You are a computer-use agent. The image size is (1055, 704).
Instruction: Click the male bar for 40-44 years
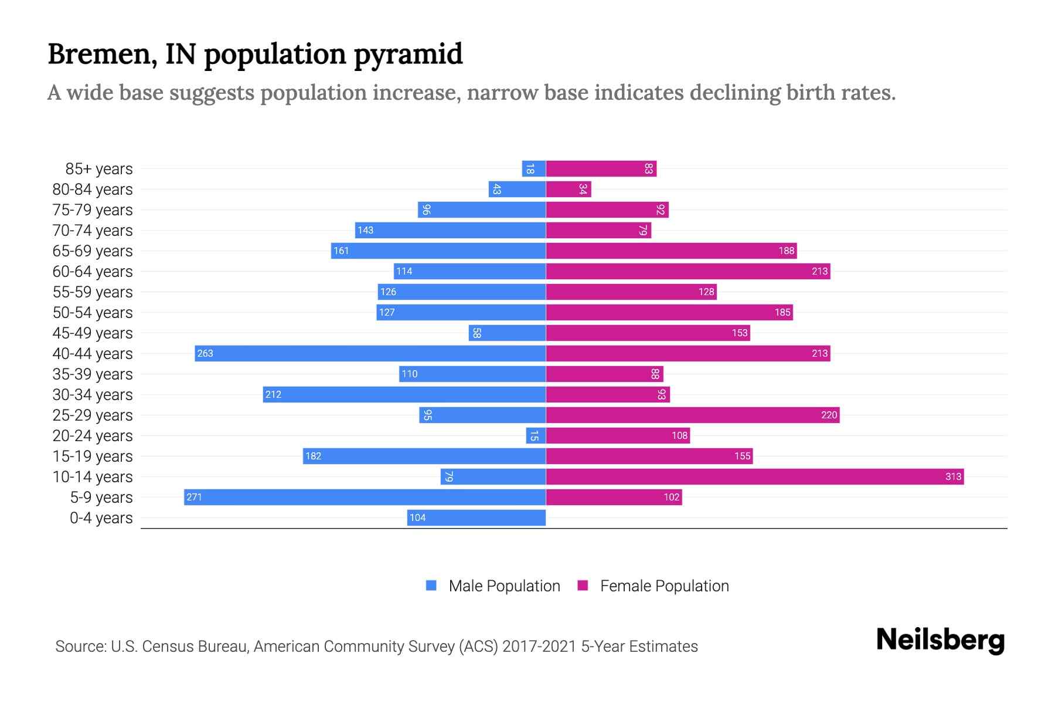point(370,353)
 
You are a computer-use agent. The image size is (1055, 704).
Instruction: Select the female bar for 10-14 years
point(755,476)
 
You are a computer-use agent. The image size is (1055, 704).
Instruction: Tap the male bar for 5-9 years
point(365,497)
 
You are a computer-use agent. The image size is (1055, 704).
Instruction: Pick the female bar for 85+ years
point(601,168)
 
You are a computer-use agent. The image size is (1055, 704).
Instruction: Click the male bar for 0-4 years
point(477,517)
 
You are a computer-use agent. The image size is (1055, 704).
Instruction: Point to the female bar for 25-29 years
point(693,415)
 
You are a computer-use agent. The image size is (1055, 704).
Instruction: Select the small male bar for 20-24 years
point(536,435)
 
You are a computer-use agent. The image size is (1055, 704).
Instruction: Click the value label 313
point(953,476)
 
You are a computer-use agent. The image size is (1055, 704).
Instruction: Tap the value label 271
point(194,497)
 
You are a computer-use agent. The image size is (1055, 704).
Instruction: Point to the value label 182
point(313,456)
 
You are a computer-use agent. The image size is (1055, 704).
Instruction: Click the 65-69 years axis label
point(93,251)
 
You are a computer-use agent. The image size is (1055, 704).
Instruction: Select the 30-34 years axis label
point(93,395)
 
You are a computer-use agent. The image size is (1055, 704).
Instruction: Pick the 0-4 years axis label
point(101,518)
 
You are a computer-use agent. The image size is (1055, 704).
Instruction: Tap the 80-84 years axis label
point(93,189)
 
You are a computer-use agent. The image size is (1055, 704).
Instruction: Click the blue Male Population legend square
point(431,585)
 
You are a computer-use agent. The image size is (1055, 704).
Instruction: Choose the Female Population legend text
point(664,585)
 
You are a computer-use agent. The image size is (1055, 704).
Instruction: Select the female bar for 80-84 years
point(569,189)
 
